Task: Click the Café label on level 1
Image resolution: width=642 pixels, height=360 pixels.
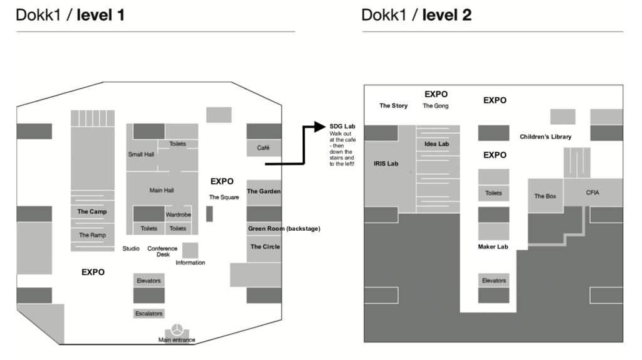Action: coord(263,148)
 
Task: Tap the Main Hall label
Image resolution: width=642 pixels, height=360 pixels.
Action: coord(161,190)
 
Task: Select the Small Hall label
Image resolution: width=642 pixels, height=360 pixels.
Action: coord(141,154)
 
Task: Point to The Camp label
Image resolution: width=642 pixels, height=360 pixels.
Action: coord(92,212)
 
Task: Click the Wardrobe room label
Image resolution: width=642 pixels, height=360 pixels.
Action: coord(178,214)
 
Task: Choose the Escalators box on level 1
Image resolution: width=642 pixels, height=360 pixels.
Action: coord(149,314)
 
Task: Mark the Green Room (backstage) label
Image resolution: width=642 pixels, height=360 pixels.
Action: coord(283,229)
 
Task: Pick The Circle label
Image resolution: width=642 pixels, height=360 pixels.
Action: coord(265,246)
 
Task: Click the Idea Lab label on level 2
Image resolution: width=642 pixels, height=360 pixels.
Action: coord(436,144)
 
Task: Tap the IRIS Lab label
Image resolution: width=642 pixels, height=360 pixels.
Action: coord(386,163)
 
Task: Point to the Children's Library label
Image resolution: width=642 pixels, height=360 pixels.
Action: coord(545,137)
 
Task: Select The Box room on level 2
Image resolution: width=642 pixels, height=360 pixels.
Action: coord(545,196)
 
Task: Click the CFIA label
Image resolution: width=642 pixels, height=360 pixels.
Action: coord(592,193)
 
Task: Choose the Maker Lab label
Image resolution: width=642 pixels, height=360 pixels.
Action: coord(493,247)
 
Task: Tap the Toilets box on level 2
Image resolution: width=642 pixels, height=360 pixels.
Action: coord(493,193)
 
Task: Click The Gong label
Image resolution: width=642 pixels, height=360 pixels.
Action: coord(435,106)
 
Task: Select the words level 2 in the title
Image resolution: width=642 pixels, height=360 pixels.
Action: coord(446,15)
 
